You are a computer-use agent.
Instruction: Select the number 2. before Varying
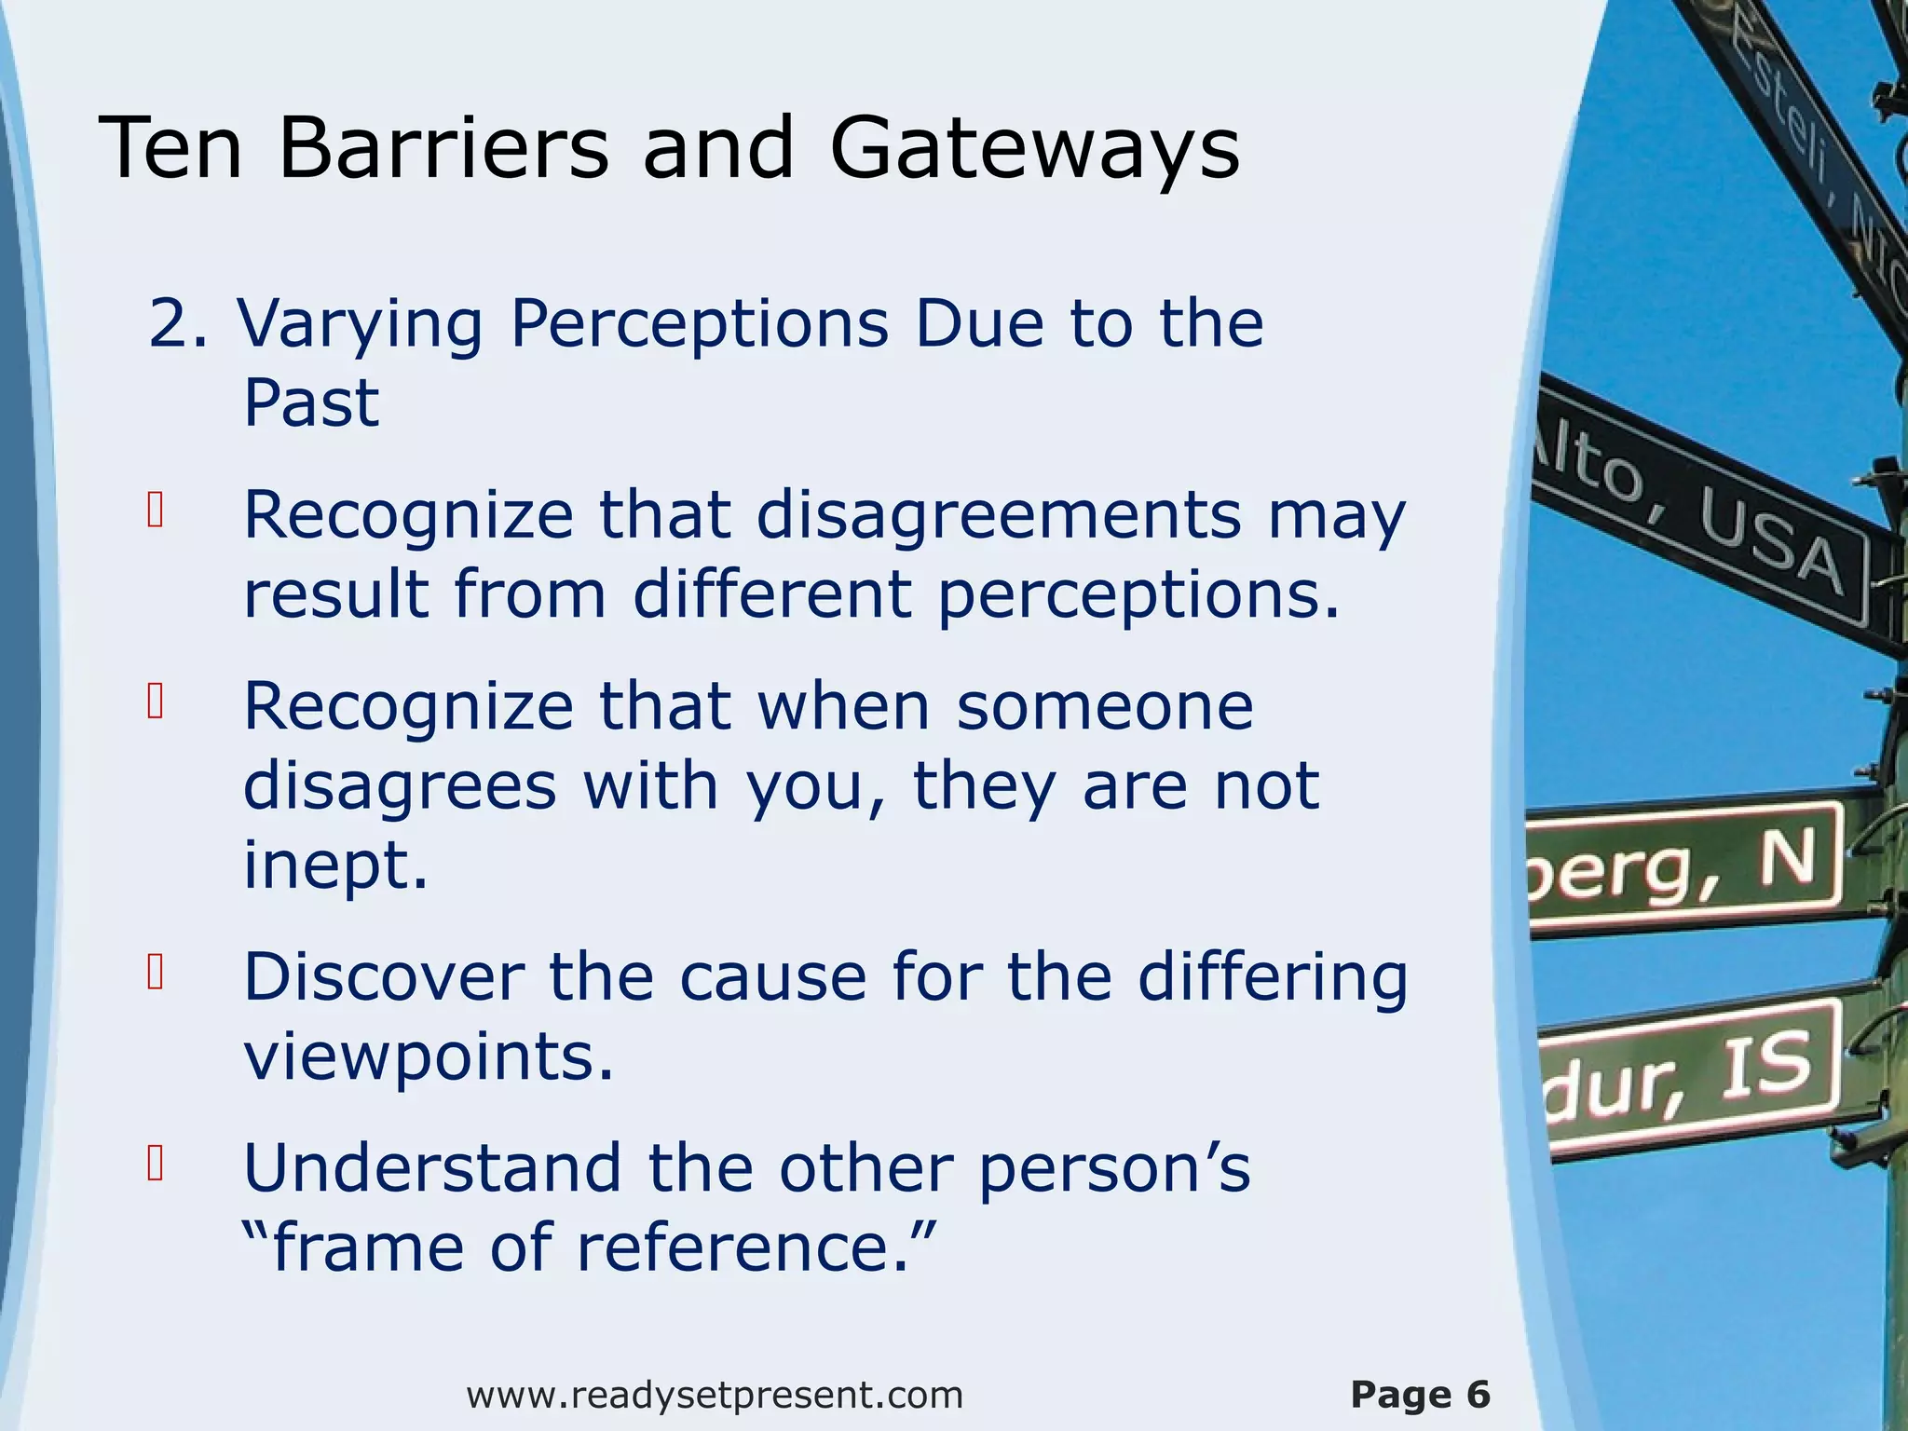[178, 324]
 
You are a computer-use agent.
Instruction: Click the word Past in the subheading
[311, 402]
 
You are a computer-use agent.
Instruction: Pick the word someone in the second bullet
[1104, 707]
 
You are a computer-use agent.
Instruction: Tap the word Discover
[383, 978]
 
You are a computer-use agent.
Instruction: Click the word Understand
[432, 1169]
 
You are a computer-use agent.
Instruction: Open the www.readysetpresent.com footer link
[715, 1396]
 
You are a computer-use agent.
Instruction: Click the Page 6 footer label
[1420, 1396]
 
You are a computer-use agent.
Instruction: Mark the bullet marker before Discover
[156, 973]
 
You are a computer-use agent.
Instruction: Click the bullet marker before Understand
[156, 1164]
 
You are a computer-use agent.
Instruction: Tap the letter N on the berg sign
[1786, 860]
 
